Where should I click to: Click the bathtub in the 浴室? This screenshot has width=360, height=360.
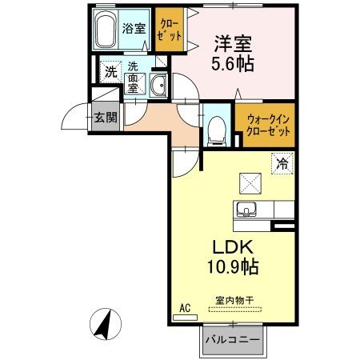point(106,31)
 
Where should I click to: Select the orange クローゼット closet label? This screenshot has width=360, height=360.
point(169,30)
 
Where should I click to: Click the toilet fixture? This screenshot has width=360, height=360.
point(216,130)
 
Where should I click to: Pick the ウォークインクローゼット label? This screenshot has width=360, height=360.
point(264,125)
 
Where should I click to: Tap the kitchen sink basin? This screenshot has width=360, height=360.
point(246,210)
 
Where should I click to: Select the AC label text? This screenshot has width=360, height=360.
point(183,306)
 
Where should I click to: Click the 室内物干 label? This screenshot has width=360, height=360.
point(233,301)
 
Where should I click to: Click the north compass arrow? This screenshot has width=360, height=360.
point(104,324)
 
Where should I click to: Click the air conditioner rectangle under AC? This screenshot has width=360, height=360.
point(184,317)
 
